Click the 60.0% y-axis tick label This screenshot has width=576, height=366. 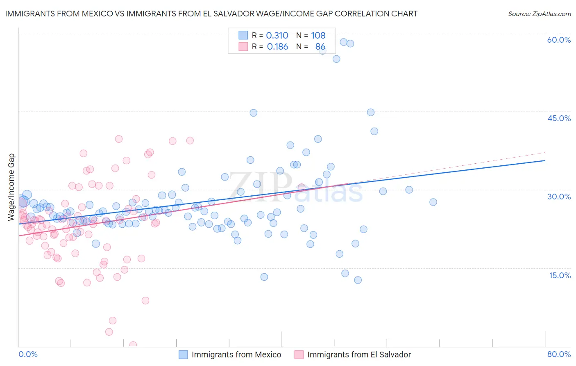pos(559,40)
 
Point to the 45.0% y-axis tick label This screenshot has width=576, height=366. pos(559,118)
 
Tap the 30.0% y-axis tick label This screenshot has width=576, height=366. pos(559,197)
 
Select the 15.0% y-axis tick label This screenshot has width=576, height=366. pos(560,275)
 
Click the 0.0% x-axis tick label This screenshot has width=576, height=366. pos(28,354)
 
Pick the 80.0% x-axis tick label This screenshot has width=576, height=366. pos(559,354)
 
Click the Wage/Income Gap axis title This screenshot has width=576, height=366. pos(11,187)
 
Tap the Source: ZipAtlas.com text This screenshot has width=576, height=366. pos(539,14)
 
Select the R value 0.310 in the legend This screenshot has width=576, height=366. pos(277,36)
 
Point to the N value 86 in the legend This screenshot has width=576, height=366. pos(320,47)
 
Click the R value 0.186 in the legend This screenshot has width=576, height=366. pos(277,47)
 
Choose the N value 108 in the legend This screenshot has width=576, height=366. pos(318,36)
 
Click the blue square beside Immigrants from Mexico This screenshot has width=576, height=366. pos(183,355)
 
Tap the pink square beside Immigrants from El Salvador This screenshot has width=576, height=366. pos(299,355)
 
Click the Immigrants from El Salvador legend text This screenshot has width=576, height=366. pos(359,355)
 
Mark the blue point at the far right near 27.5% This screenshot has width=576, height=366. pos(433,202)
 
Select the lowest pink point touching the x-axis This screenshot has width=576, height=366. pos(133,345)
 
